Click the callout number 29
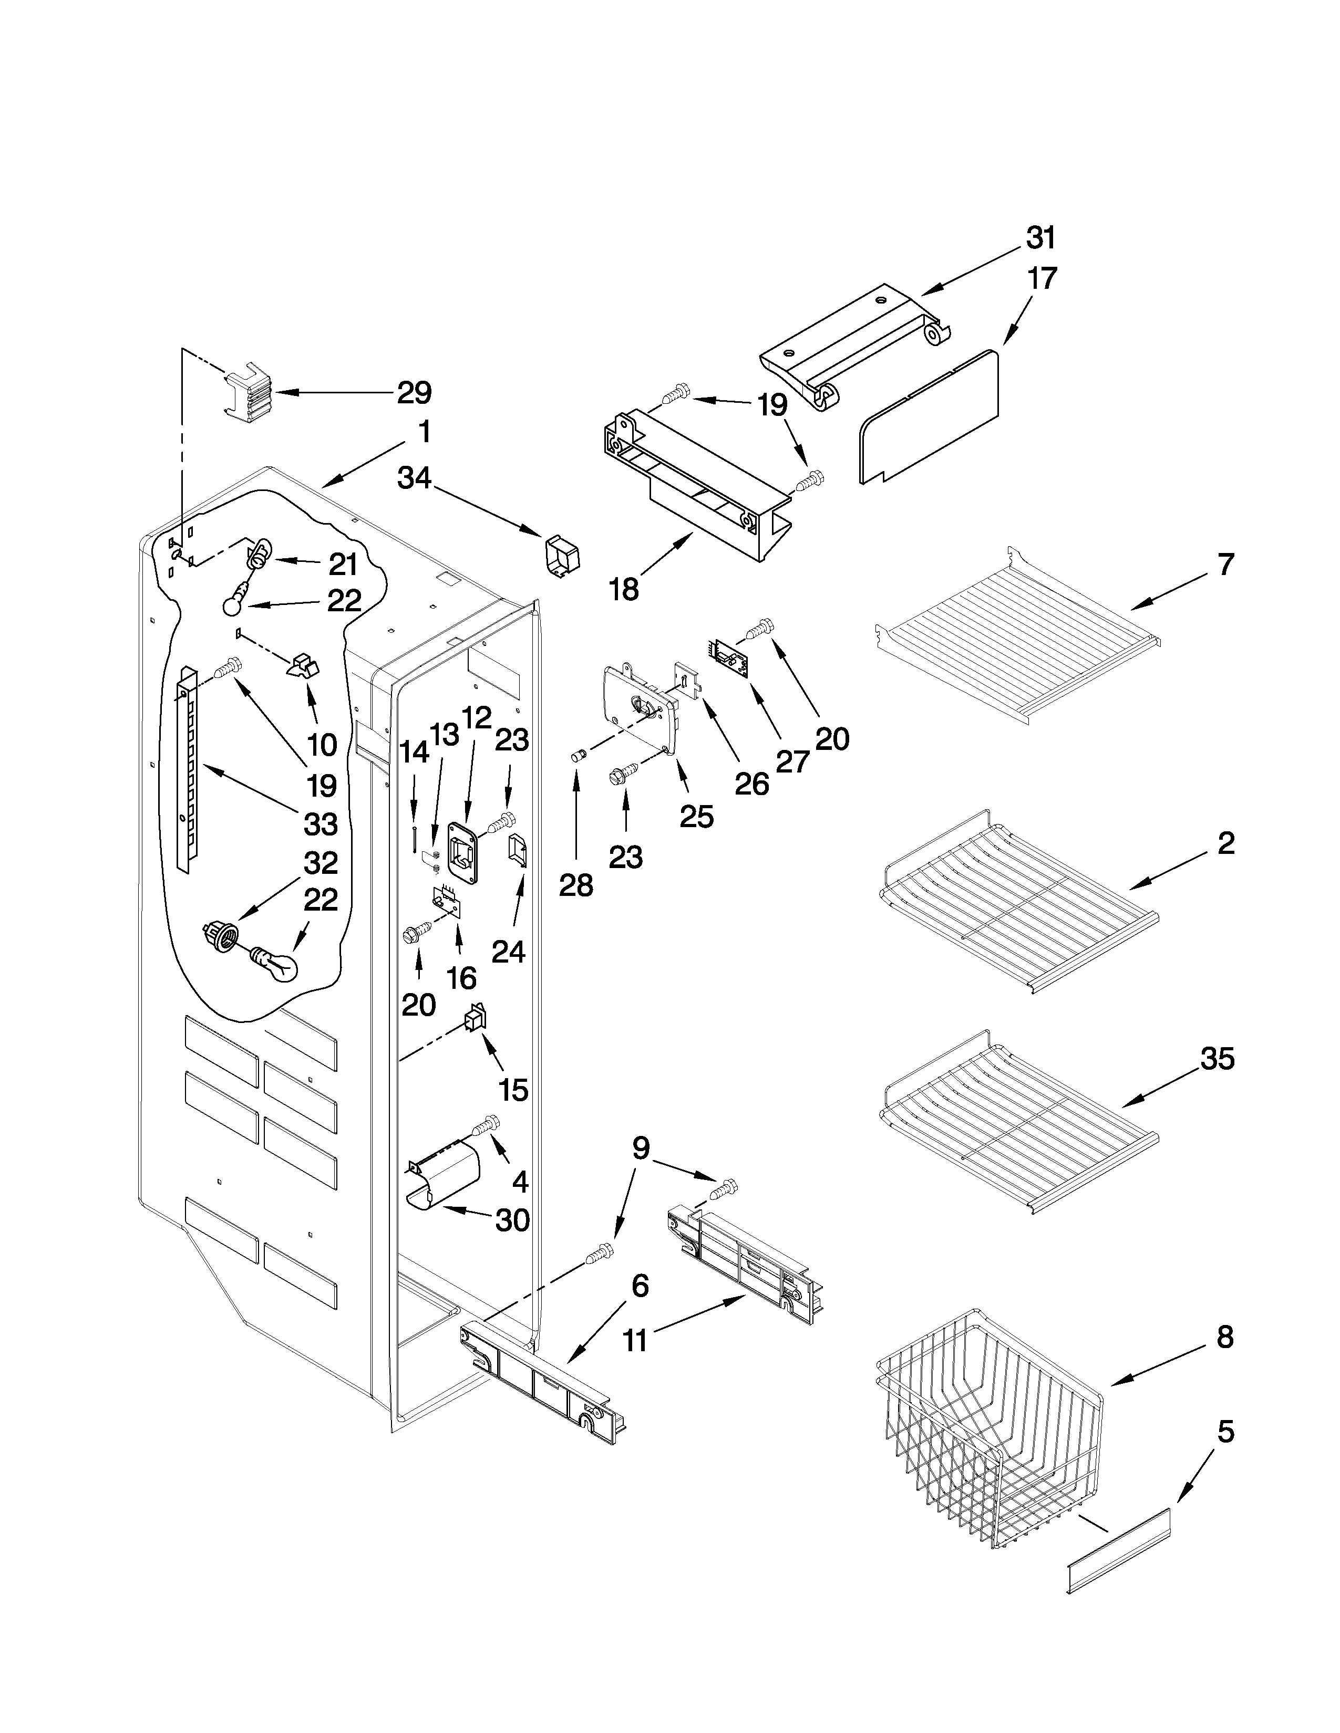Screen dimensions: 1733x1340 tap(413, 393)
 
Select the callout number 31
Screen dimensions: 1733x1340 tap(1040, 237)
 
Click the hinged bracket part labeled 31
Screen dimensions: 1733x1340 tap(858, 341)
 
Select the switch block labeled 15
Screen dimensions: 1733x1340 tap(476, 1018)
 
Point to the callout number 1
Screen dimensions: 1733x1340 tap(425, 432)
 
